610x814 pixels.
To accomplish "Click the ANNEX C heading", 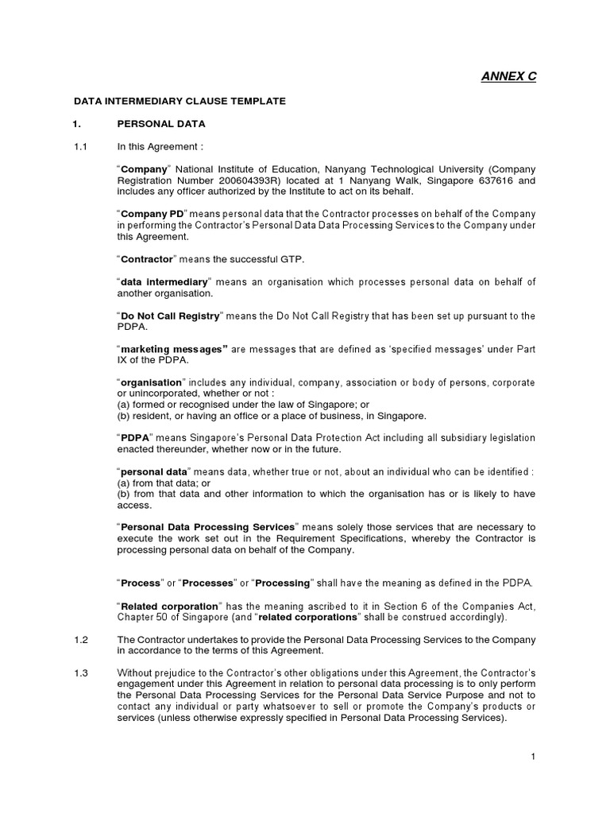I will coord(509,76).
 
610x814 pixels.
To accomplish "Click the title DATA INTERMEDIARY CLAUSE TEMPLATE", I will coord(180,102).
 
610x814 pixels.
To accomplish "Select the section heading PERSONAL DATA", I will coord(161,124).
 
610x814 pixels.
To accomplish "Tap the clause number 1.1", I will coord(79,146).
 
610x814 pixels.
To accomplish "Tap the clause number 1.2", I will coord(79,640).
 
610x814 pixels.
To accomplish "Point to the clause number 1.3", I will coord(79,673).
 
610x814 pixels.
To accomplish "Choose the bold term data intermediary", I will coord(164,282).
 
